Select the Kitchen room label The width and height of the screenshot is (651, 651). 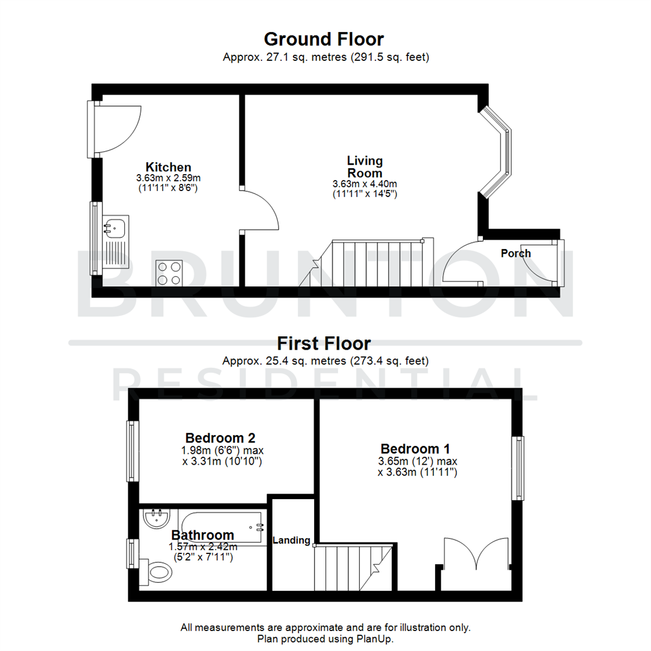pos(168,167)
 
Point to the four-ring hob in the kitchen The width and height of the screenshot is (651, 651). pos(169,272)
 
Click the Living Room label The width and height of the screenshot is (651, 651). pos(365,166)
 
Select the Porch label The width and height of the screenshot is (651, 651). pos(516,253)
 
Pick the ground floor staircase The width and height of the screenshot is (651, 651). pos(374,262)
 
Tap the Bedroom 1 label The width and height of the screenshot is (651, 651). pos(415,449)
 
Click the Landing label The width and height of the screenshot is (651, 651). pos(292,541)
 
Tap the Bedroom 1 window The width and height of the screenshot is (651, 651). pos(517,468)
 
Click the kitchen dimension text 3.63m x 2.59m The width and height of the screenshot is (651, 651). pos(168,178)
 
